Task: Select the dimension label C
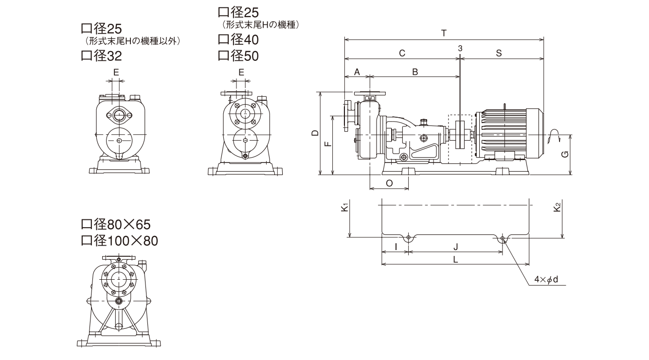[x=402, y=53]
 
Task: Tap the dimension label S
[x=499, y=53]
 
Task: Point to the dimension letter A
[x=357, y=72]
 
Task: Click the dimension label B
[x=415, y=72]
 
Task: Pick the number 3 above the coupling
[x=460, y=48]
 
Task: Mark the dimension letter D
[x=315, y=133]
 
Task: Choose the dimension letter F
[x=327, y=144]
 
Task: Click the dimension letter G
[x=564, y=154]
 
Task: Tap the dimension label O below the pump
[x=389, y=183]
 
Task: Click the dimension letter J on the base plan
[x=455, y=247]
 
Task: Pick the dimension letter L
[x=455, y=259]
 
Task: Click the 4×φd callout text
[x=545, y=280]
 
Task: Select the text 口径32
[x=101, y=56]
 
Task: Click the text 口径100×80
[x=119, y=240]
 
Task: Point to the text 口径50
[x=238, y=56]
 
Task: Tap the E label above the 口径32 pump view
[x=116, y=72]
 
